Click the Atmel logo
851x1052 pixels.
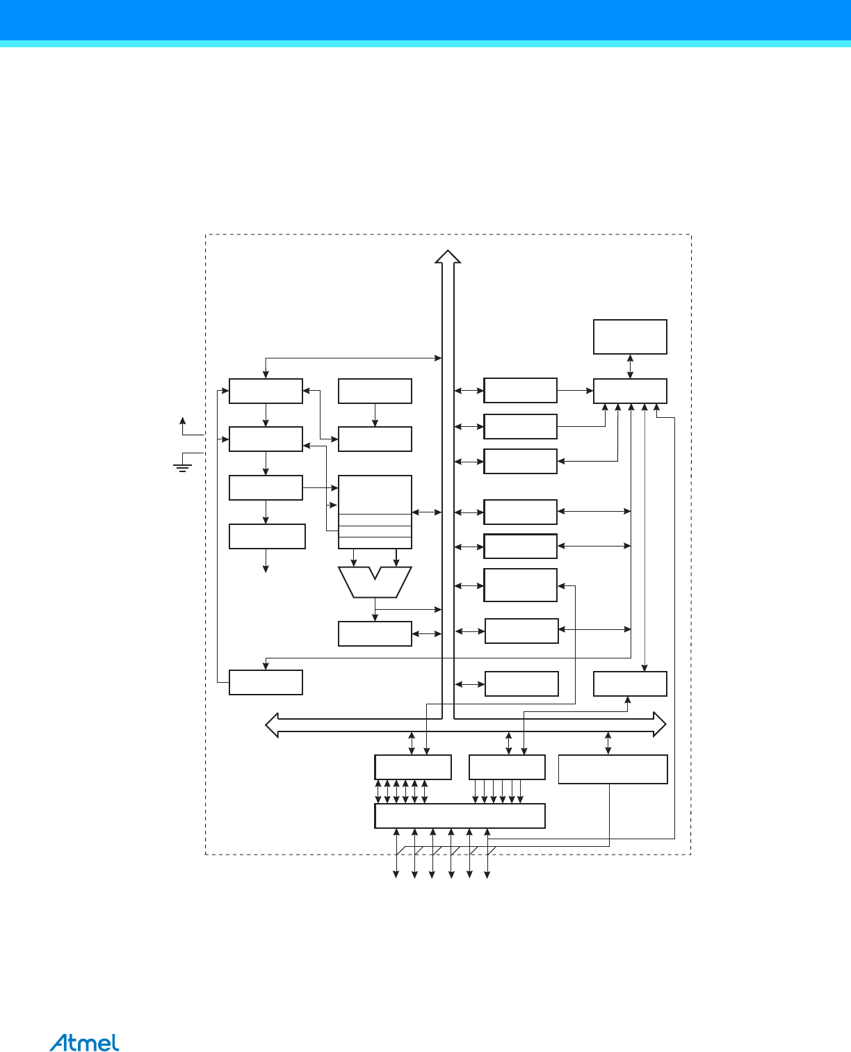click(x=84, y=1042)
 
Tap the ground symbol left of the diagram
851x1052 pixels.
click(x=182, y=466)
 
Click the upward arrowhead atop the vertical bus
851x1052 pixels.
click(x=448, y=257)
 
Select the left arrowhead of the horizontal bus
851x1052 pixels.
click(x=273, y=725)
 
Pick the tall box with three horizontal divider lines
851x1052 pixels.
click(x=375, y=512)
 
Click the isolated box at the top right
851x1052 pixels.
click(x=630, y=337)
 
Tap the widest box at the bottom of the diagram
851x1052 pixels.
click(x=460, y=816)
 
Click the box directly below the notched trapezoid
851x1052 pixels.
click(x=375, y=633)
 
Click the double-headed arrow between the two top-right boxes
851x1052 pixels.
click(x=630, y=366)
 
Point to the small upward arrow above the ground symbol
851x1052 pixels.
click(x=183, y=421)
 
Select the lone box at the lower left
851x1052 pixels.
click(x=266, y=682)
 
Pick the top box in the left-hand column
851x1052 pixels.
click(x=266, y=391)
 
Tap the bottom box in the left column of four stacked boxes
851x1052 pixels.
click(x=267, y=536)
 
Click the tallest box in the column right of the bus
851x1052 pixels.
click(x=520, y=585)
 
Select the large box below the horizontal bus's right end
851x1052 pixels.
click(x=613, y=769)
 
